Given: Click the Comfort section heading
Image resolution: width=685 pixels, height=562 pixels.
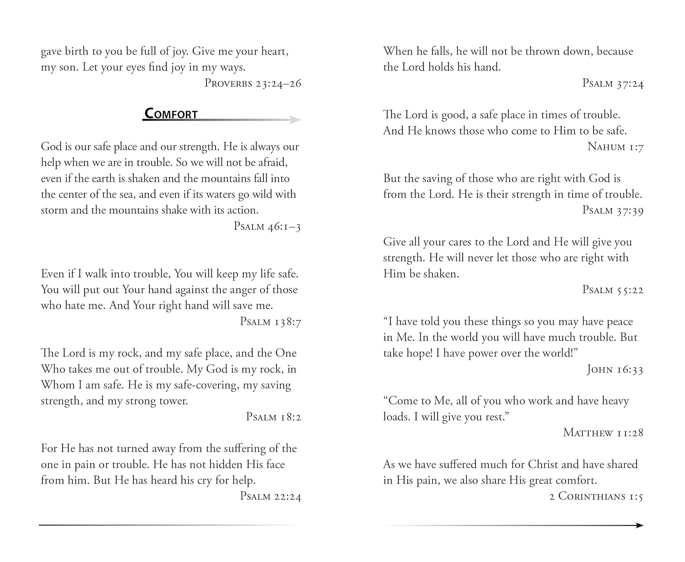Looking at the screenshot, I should pos(171,114).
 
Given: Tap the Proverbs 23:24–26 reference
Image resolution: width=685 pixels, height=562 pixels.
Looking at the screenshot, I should pos(253,83).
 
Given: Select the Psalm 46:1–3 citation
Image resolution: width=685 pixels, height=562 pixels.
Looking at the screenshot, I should pos(267,226).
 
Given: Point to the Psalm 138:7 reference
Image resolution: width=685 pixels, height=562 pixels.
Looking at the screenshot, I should pos(270,321).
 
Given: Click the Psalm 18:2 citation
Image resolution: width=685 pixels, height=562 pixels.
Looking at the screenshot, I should pos(274,417).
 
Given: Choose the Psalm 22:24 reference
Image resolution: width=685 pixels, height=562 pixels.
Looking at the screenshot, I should pos(270,496).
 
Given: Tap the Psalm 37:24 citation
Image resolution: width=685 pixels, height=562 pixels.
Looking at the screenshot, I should pos(612,83).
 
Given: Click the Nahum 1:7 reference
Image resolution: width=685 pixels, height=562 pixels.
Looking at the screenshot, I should pos(615,147).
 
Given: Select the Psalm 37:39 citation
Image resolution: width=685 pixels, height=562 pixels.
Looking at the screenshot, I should pos(612,210).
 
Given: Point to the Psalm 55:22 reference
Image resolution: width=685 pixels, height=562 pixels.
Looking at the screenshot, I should pos(612,289).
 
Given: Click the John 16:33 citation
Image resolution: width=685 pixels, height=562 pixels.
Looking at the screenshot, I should pos(615,369).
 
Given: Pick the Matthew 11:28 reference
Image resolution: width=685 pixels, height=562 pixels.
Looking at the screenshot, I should pos(603,432).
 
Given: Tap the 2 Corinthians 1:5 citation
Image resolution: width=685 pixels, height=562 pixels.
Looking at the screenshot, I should pos(596,496).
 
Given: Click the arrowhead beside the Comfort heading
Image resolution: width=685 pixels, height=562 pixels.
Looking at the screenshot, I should pos(295,120).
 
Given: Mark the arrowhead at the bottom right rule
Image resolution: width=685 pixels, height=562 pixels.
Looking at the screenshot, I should pos(639,525).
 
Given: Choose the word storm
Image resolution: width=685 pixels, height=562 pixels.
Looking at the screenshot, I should pos(53,210).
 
